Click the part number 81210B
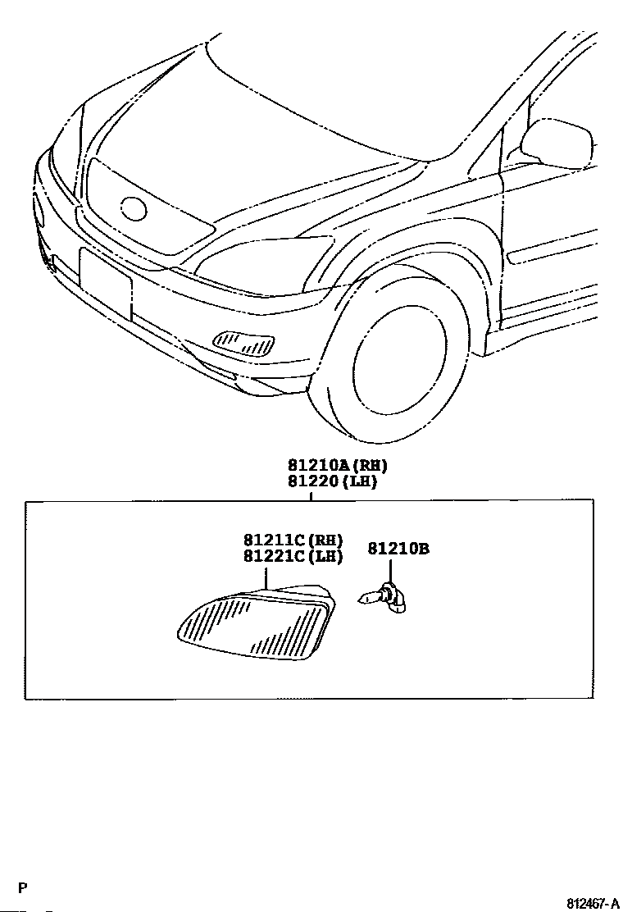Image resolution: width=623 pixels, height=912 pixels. click(x=398, y=548)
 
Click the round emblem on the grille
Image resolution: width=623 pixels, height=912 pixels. click(x=133, y=208)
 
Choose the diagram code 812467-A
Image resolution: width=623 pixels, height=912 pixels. click(x=593, y=903)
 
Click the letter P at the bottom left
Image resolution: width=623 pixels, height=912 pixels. click(x=24, y=888)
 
